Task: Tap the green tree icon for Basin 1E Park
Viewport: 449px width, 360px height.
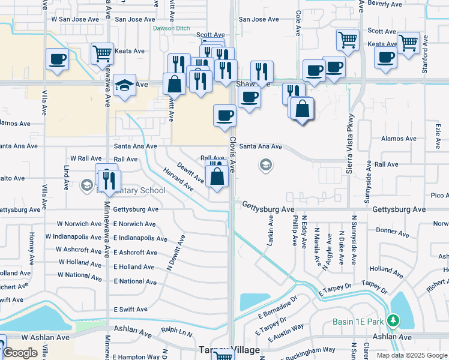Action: (394, 322)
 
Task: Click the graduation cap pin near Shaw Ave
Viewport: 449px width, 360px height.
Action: (124, 85)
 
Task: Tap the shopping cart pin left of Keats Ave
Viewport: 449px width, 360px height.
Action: (102, 53)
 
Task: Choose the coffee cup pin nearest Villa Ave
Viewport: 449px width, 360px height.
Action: (57, 59)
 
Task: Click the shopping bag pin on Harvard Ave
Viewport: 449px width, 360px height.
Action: (217, 175)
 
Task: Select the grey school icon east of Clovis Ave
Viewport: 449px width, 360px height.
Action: (265, 165)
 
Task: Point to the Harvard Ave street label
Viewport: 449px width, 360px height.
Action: (178, 179)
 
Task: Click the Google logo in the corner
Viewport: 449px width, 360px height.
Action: (20, 353)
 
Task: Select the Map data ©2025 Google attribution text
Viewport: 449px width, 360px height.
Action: (412, 355)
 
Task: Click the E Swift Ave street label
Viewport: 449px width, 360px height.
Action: (130, 310)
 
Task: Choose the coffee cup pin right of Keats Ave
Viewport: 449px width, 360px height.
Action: (385, 58)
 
